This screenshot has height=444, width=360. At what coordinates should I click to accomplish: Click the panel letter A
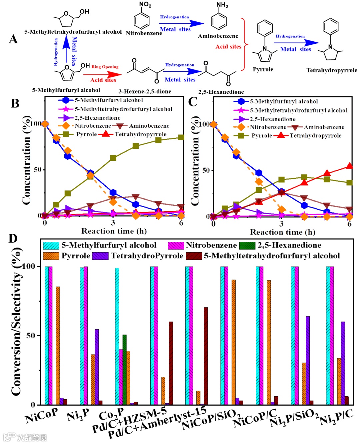click(x=13, y=39)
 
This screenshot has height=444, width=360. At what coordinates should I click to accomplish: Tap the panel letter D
click(x=13, y=239)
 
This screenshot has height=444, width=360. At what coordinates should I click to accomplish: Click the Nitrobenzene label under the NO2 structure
click(x=144, y=33)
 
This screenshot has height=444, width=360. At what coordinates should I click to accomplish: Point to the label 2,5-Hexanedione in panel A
click(x=221, y=92)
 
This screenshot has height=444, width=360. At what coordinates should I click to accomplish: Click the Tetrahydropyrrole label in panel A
click(x=332, y=70)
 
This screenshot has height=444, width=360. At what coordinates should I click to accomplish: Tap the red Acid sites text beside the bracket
click(x=228, y=47)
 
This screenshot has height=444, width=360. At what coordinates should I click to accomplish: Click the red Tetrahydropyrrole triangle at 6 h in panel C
click(x=349, y=166)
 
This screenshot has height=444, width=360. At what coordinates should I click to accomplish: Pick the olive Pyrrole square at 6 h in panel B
click(x=181, y=137)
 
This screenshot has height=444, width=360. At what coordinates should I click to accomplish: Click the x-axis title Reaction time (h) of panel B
click(x=114, y=231)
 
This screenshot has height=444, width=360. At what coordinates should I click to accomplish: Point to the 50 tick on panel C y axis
click(x=206, y=170)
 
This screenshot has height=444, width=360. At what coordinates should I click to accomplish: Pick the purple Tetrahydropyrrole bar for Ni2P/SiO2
click(x=307, y=360)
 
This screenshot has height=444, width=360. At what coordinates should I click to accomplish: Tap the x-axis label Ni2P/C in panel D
click(x=336, y=417)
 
